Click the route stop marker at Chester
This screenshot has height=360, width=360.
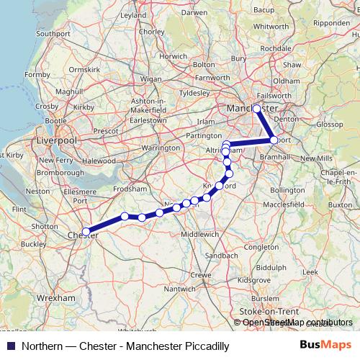pyautogui.click(x=86, y=232)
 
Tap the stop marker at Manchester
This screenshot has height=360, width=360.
pyautogui.click(x=257, y=109)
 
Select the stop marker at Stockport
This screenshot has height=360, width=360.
pyautogui.click(x=274, y=140)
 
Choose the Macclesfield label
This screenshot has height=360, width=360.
pyautogui.click(x=283, y=204)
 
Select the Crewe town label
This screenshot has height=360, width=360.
pyautogui.click(x=201, y=275)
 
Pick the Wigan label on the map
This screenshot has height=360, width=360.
pyautogui.click(x=150, y=78)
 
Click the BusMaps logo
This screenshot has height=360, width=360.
pyautogui.click(x=326, y=346)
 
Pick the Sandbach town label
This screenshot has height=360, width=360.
pyautogui.click(x=217, y=256)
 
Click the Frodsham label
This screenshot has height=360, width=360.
pyautogui.click(x=130, y=186)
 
